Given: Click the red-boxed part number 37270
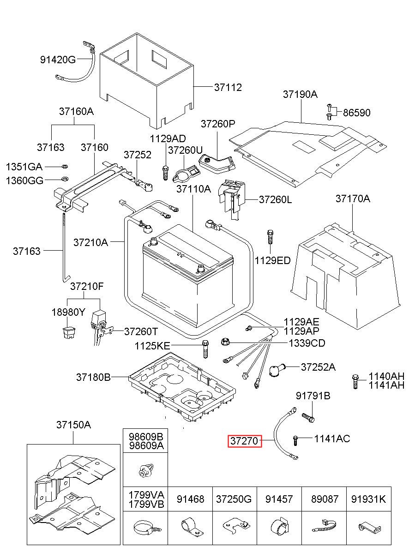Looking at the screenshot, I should click(x=245, y=441).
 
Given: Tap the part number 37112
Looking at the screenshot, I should click(x=228, y=87).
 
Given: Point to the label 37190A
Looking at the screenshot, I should click(x=300, y=94).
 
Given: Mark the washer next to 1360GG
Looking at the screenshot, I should click(x=64, y=179).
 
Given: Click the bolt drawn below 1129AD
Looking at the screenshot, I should click(x=165, y=172).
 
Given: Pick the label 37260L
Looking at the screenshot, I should click(x=276, y=199).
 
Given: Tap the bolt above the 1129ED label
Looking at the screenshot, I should click(x=271, y=237).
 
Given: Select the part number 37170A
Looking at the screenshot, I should click(x=353, y=199).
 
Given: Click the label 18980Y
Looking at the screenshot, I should click(x=68, y=312).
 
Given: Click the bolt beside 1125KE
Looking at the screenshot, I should click(x=205, y=349).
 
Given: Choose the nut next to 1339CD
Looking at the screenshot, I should click(x=225, y=343).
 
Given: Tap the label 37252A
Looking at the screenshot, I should click(x=318, y=367).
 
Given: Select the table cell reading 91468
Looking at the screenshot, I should click(x=190, y=499).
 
